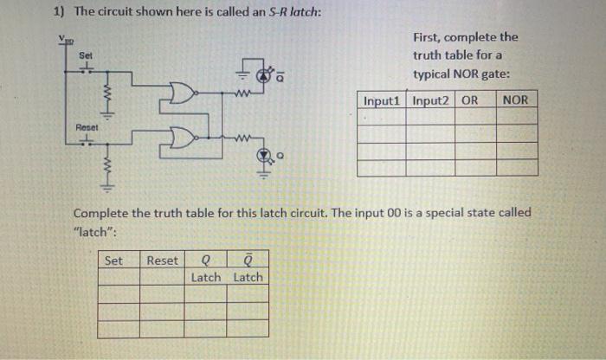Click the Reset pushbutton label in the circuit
pyautogui.click(x=84, y=126)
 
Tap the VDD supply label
pyautogui.click(x=63, y=39)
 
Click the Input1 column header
pyautogui.click(x=382, y=100)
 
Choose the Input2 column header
pyautogui.click(x=431, y=100)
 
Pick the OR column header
pyautogui.click(x=469, y=100)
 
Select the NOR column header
pyautogui.click(x=514, y=100)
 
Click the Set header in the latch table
pyautogui.click(x=113, y=260)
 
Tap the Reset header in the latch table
pyautogui.click(x=163, y=260)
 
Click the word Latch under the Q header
pyautogui.click(x=206, y=277)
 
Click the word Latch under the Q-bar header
pyautogui.click(x=248, y=277)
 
